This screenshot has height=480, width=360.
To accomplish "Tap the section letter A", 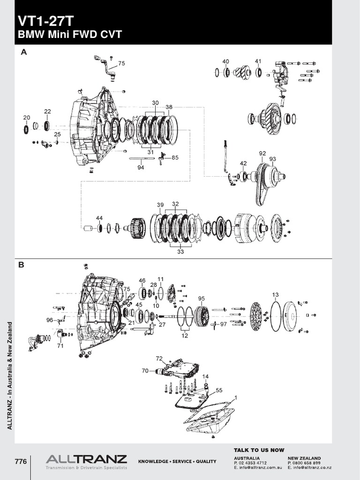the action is tap(23, 53).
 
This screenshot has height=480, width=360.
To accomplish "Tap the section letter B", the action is tap(21, 265).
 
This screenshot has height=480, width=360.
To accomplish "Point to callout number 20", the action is tap(27, 117).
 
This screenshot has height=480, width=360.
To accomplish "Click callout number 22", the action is tap(47, 112).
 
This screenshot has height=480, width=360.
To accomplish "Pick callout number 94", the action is tap(141, 167).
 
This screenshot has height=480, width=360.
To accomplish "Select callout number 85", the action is tap(175, 157).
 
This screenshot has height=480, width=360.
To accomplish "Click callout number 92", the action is tap(262, 153).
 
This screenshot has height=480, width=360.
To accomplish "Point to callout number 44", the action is tap(99, 218).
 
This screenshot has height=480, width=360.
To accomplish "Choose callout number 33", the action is tap(181, 251).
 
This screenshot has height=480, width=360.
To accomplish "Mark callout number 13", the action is tap(275, 294).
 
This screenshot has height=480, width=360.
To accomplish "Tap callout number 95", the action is tap(202, 298).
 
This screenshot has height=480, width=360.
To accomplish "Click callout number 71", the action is tap(60, 346).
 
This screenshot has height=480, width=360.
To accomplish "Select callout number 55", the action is tap(219, 390).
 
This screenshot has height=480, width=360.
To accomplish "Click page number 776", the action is tap(21, 462).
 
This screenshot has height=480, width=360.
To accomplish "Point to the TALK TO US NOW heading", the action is tap(259, 450).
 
